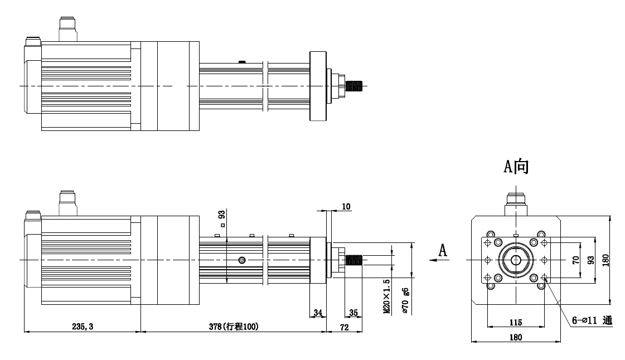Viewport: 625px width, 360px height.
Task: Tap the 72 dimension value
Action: (x=344, y=327)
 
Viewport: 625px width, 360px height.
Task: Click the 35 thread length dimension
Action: (x=353, y=313)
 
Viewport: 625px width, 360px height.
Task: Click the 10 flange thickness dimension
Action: (x=346, y=207)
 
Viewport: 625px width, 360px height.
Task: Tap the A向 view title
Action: (x=516, y=167)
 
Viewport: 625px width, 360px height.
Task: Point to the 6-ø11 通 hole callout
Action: (x=592, y=321)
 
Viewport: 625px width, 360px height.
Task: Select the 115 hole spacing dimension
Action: (x=515, y=322)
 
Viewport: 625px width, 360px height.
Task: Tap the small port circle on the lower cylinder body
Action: (x=241, y=260)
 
